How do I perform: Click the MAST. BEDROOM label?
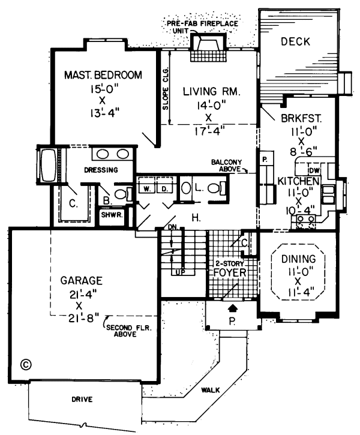pos(103,76)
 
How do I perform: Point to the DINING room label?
pos(298,259)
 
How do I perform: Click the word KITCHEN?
pos(298,181)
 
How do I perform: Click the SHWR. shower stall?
pos(111,215)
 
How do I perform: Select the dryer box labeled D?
pos(163,190)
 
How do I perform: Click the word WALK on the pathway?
pos(210,390)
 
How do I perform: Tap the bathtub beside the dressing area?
pos(47,163)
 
